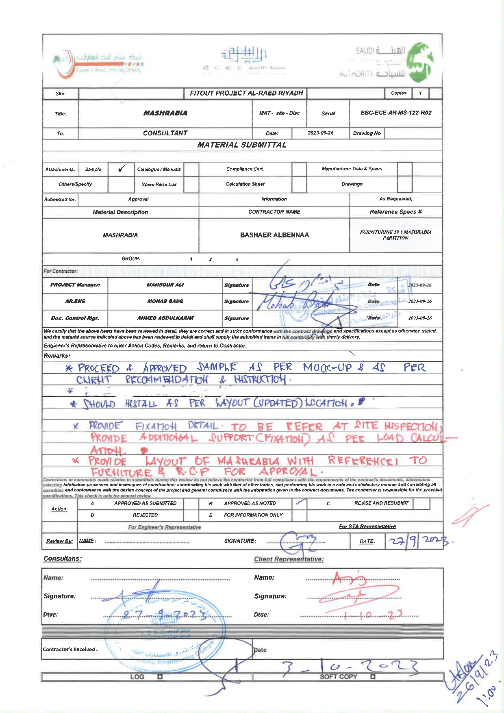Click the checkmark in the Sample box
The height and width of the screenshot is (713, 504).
click(x=121, y=169)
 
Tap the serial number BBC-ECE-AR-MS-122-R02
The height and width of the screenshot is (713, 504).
click(x=395, y=113)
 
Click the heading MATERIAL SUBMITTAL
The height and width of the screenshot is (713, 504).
click(x=242, y=145)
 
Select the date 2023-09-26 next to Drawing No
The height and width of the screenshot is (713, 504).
click(x=320, y=133)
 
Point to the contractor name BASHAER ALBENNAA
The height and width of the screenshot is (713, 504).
click(x=274, y=235)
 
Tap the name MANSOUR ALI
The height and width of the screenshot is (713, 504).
click(x=165, y=285)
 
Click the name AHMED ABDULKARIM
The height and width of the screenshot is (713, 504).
click(x=165, y=318)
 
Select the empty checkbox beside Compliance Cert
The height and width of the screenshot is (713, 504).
click(x=299, y=169)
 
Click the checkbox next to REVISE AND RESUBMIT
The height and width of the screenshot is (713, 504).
click(x=421, y=503)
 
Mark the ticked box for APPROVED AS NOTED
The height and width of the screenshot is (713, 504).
click(x=300, y=503)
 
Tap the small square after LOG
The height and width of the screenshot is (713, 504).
click(x=160, y=677)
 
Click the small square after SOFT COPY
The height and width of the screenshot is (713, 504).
click(x=373, y=677)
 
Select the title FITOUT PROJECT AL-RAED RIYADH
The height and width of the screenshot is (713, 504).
click(x=246, y=93)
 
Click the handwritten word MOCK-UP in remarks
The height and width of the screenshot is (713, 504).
click(x=327, y=367)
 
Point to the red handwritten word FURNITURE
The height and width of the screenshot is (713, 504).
click(x=122, y=472)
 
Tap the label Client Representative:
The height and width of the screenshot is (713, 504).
click(x=289, y=559)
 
